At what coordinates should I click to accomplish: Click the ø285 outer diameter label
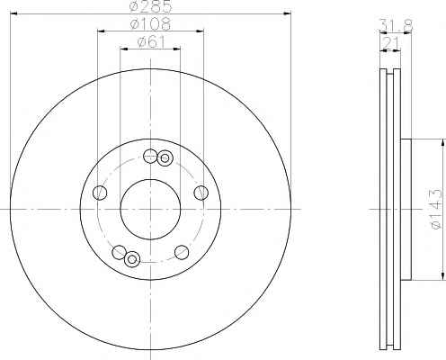pyautogui.click(x=151, y=6)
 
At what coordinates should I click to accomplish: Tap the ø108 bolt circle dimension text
pyautogui.click(x=151, y=24)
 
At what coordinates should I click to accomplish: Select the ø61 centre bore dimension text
pyautogui.click(x=151, y=42)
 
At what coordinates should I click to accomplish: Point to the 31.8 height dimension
pyautogui.click(x=397, y=25)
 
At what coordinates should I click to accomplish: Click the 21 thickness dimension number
pyautogui.click(x=390, y=44)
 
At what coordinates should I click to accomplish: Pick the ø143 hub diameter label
pyautogui.click(x=436, y=209)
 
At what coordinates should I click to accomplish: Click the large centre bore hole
pyautogui.click(x=150, y=209)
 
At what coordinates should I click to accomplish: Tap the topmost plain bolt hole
pyautogui.click(x=150, y=156)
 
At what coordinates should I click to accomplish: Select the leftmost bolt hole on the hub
pyautogui.click(x=100, y=193)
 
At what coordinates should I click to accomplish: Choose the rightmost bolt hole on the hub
pyautogui.click(x=201, y=193)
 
